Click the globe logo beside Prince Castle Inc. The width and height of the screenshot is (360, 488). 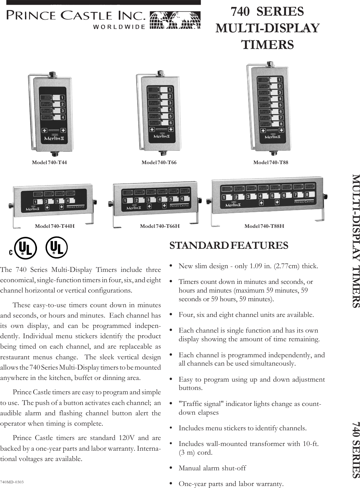pos(175,21)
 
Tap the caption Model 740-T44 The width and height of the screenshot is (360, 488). pos(49,162)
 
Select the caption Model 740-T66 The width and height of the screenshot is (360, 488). pos(159,162)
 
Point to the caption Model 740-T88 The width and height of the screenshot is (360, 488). pos(271,162)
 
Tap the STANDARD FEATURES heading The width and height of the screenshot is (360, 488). pos(229,236)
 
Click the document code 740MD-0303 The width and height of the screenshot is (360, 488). pos(12,482)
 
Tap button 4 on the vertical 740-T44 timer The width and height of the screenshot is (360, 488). pos(62,117)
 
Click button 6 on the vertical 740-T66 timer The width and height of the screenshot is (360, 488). pos(170,123)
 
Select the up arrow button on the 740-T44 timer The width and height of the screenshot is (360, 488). pos(44,130)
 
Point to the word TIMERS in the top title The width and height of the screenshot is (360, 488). pos(268,44)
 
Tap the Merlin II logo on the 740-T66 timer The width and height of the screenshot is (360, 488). pos(162,136)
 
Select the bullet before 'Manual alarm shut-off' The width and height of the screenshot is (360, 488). pos(171,468)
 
